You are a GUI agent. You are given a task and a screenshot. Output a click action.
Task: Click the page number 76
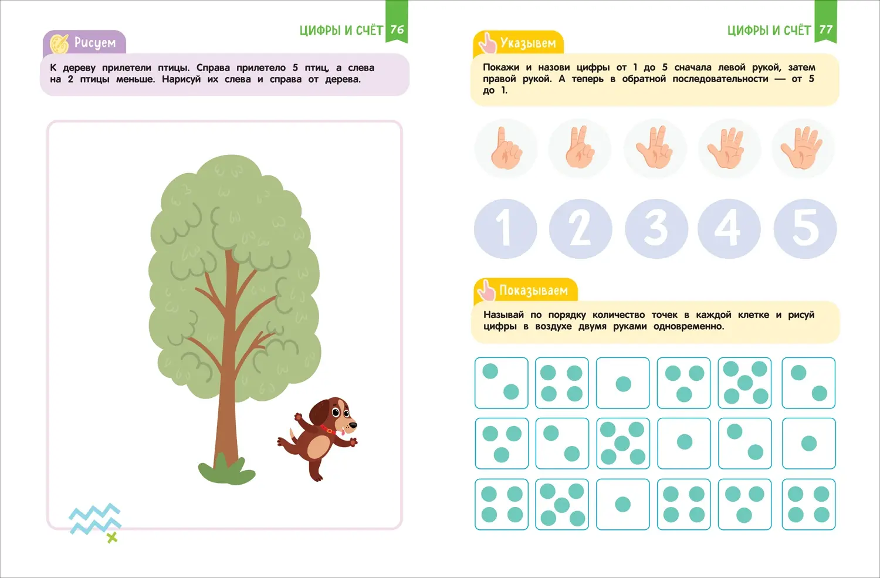pos(397,29)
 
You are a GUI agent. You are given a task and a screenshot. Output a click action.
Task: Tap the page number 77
pos(826,29)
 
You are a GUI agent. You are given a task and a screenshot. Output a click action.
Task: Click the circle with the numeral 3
pos(656,229)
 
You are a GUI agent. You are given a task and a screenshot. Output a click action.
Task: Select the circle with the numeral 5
pos(805,229)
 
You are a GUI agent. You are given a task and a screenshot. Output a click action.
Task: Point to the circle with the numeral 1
pos(505,229)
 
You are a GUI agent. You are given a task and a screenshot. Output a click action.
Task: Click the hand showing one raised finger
pos(506,148)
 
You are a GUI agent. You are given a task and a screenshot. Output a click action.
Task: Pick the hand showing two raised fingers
pos(580,147)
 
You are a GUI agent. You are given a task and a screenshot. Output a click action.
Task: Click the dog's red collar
pos(328,429)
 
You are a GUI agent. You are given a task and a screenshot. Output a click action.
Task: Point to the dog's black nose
pos(353,425)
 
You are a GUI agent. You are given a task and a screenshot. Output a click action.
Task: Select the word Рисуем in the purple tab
pos(95,42)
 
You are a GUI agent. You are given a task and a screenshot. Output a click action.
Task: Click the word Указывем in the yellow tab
pos(528,43)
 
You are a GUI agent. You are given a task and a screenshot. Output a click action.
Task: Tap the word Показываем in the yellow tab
pos(533,290)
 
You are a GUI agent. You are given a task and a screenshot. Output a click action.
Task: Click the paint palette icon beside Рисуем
pos(59,43)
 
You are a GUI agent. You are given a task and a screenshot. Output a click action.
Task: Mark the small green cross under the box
pos(113,538)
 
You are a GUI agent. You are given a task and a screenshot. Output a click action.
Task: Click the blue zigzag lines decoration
pos(95,519)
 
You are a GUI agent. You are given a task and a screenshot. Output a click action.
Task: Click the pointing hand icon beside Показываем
pos(486,291)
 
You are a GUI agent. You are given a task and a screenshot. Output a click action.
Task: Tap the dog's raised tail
pos(292,434)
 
